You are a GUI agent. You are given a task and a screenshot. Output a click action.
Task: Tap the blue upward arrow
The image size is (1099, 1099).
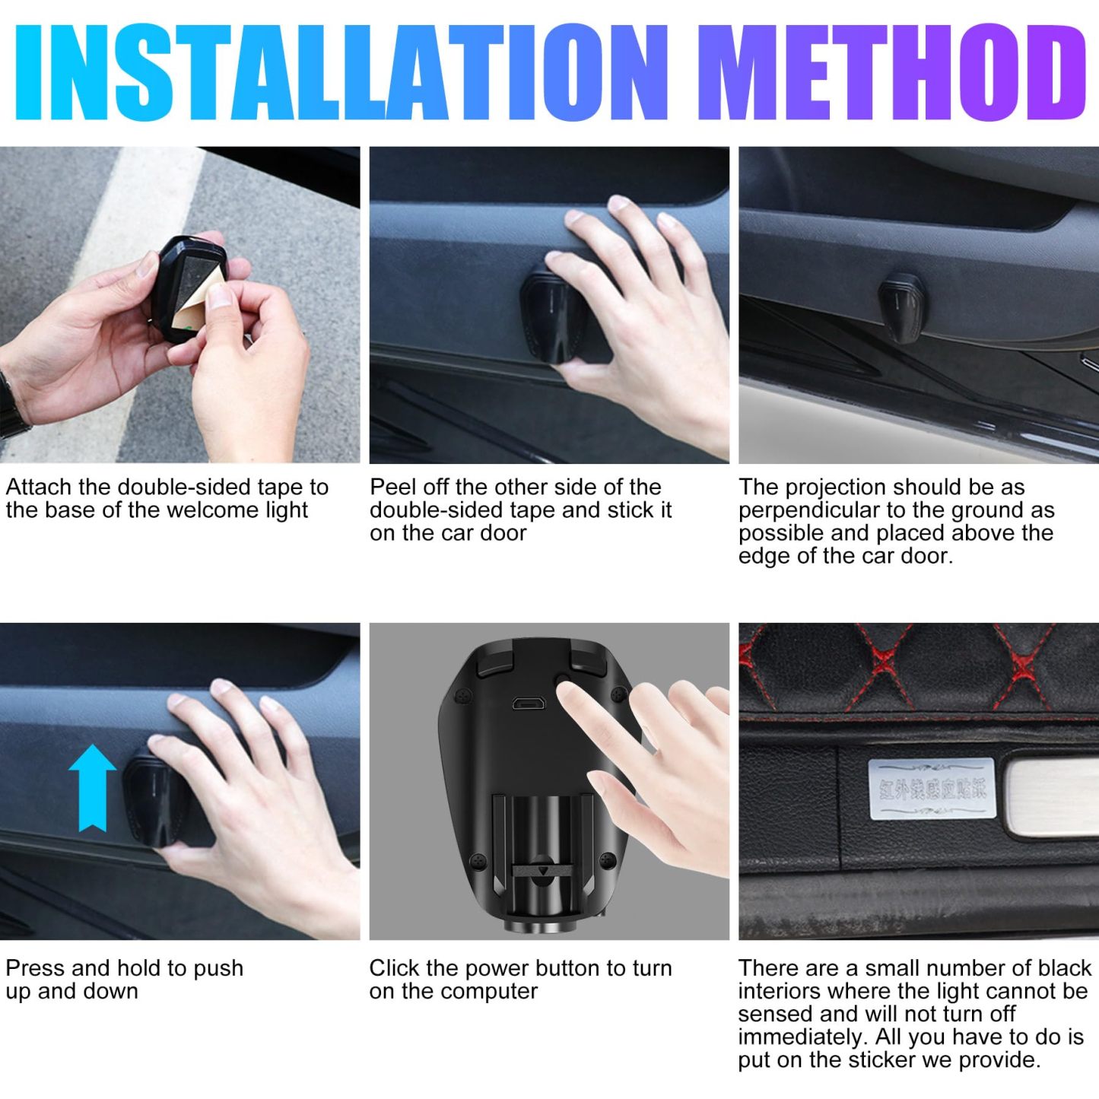(x=92, y=786)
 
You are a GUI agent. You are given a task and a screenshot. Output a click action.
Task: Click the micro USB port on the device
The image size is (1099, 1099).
(x=527, y=704)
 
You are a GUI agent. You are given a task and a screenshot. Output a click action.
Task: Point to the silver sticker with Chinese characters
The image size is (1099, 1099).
(x=931, y=789)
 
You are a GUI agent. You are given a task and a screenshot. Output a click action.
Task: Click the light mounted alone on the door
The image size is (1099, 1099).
(x=902, y=306)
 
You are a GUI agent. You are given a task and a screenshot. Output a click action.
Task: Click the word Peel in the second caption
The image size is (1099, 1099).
(x=390, y=487)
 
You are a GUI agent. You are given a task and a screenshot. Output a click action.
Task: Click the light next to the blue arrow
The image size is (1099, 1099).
(x=156, y=798)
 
